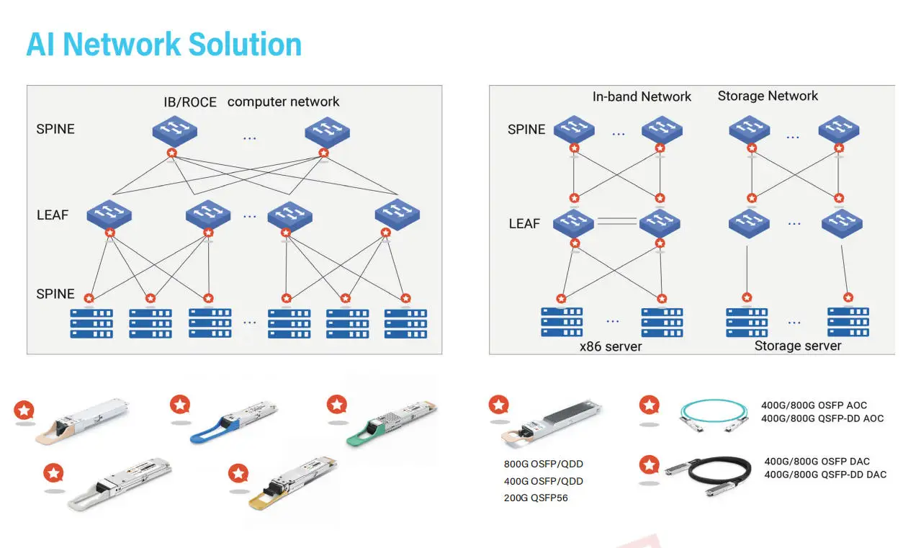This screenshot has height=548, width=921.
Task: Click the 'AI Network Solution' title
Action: tap(163, 44)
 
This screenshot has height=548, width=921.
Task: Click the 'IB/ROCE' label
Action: tap(189, 102)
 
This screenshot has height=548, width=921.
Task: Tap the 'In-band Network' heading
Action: tap(641, 96)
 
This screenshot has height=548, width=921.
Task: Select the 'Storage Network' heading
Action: tap(768, 96)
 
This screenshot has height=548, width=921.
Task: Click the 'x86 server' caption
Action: tap(611, 346)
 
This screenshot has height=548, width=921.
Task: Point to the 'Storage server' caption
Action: tap(797, 346)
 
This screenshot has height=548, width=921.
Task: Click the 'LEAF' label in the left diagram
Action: tap(53, 215)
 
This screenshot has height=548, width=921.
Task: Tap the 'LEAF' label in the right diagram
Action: tap(524, 224)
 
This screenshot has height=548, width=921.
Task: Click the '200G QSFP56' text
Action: tap(536, 498)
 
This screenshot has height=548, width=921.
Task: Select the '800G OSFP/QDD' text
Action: tap(543, 464)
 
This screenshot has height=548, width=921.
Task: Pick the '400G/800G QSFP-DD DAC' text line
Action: tap(825, 475)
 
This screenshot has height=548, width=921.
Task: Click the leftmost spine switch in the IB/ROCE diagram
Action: tap(175, 132)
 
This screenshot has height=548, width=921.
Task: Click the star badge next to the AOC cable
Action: tap(650, 405)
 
